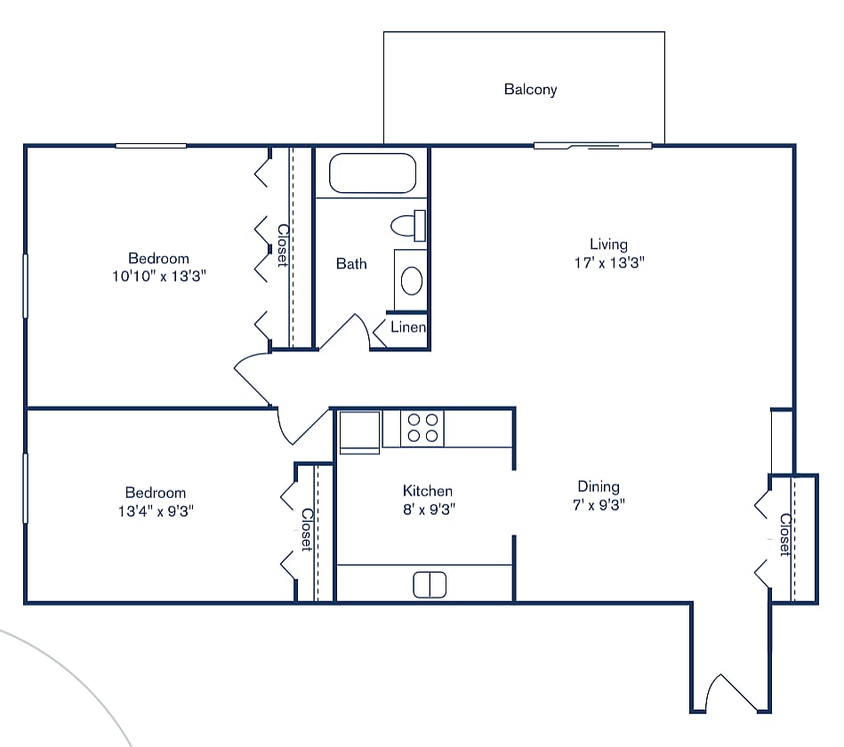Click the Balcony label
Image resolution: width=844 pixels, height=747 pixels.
pos(530,89)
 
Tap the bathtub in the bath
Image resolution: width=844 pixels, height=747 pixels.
pos(373,173)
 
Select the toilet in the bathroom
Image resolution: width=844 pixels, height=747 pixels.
pos(409,226)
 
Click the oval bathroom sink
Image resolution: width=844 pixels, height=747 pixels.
pos(411,280)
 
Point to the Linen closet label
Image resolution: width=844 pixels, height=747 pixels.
pos(408,327)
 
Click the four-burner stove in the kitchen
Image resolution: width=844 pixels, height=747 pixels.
pos(422,428)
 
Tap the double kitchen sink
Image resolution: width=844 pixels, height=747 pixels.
pos(430,584)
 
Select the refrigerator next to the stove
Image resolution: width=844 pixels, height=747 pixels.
pos(360,431)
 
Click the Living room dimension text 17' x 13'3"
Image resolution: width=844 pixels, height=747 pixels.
pos(608,262)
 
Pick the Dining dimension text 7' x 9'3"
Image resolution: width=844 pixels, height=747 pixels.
pos(598,505)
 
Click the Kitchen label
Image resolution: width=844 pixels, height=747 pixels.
pos(428,491)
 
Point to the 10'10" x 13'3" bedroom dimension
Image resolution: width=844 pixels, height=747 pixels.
pos(158,277)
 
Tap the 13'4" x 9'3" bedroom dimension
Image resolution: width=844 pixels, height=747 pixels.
pos(156,511)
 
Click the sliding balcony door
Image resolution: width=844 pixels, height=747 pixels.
pos(592,145)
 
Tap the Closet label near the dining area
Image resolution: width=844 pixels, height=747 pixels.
pos(784,534)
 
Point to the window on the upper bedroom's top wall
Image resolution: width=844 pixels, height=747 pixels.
pos(150,145)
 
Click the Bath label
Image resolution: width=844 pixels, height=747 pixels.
pos(351,263)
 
